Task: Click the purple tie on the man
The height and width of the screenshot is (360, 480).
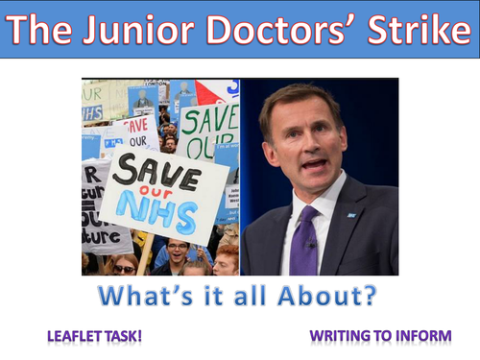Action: point(304,246)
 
